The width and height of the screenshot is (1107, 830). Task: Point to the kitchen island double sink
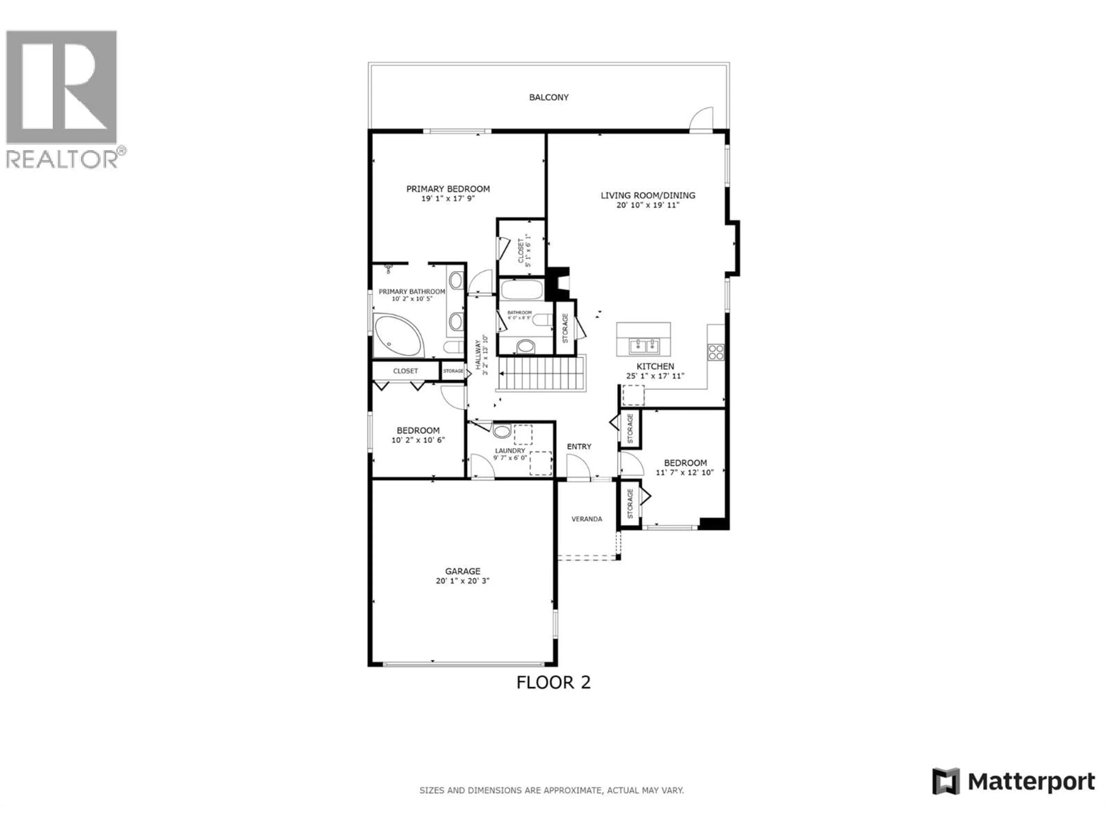(x=643, y=345)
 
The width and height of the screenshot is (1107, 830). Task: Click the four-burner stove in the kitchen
(x=716, y=352)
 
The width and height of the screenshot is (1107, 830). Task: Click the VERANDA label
(x=587, y=519)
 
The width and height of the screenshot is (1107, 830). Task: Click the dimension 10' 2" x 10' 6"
(x=418, y=440)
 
